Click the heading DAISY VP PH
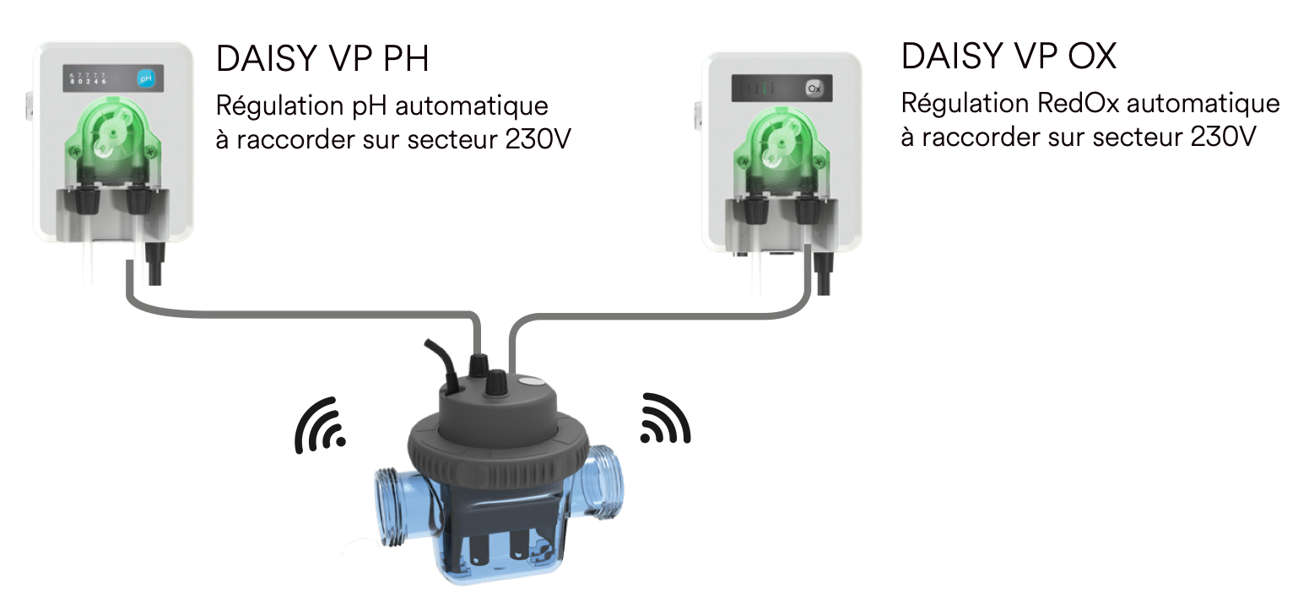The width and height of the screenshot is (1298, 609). [322, 59]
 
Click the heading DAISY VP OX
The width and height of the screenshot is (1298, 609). [1009, 57]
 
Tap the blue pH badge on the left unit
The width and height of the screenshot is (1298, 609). [146, 81]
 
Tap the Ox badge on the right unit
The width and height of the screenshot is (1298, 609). [814, 88]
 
